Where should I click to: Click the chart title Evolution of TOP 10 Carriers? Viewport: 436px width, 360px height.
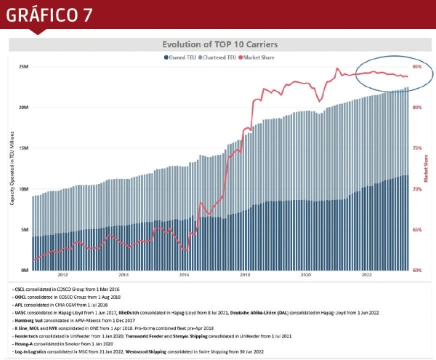[x=219, y=44]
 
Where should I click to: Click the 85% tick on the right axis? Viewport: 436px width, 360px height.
[x=416, y=66]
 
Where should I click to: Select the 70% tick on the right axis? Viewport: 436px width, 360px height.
[x=416, y=188]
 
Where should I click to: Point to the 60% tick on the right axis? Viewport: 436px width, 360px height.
[x=416, y=270]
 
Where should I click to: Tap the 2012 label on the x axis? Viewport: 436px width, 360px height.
[x=62, y=275]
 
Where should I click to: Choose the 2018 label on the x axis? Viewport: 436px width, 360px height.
[x=245, y=275]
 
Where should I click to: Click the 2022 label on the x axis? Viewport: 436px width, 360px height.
[x=367, y=275]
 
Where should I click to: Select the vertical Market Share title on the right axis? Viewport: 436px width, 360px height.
[x=426, y=168]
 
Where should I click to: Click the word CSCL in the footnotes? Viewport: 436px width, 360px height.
[x=20, y=290]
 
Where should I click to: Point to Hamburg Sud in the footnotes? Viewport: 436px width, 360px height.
[x=28, y=321]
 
